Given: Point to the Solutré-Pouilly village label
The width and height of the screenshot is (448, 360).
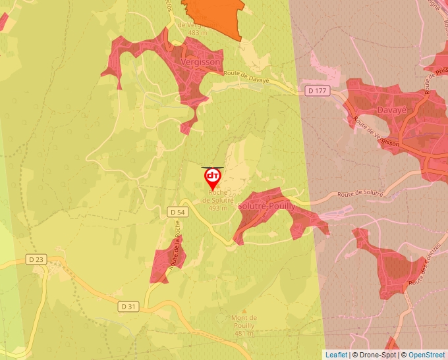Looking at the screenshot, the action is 267,205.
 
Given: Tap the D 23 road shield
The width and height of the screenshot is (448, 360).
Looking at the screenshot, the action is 36,259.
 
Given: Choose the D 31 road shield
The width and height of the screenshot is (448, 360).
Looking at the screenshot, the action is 129,307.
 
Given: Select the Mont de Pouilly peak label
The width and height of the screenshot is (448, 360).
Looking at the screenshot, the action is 244,322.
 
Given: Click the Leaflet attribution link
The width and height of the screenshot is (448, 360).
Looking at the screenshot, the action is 336,355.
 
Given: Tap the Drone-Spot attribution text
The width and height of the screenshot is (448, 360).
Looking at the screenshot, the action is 376,355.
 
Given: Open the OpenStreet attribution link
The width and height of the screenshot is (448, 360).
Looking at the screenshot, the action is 426,355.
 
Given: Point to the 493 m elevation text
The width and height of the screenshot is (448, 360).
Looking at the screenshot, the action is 217,208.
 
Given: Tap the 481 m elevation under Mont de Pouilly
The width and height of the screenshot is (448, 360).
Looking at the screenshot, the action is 244,334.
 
